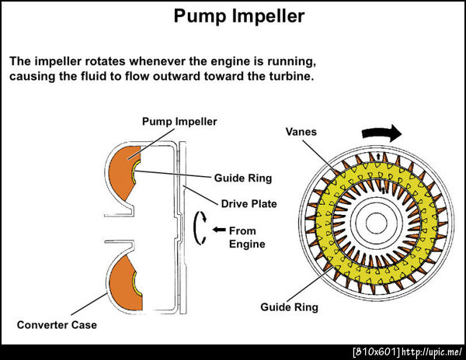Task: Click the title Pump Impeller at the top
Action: pyautogui.click(x=232, y=16)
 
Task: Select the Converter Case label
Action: pyautogui.click(x=57, y=324)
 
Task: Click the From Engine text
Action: pyautogui.click(x=248, y=237)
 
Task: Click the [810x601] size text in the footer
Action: pyautogui.click(x=375, y=352)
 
